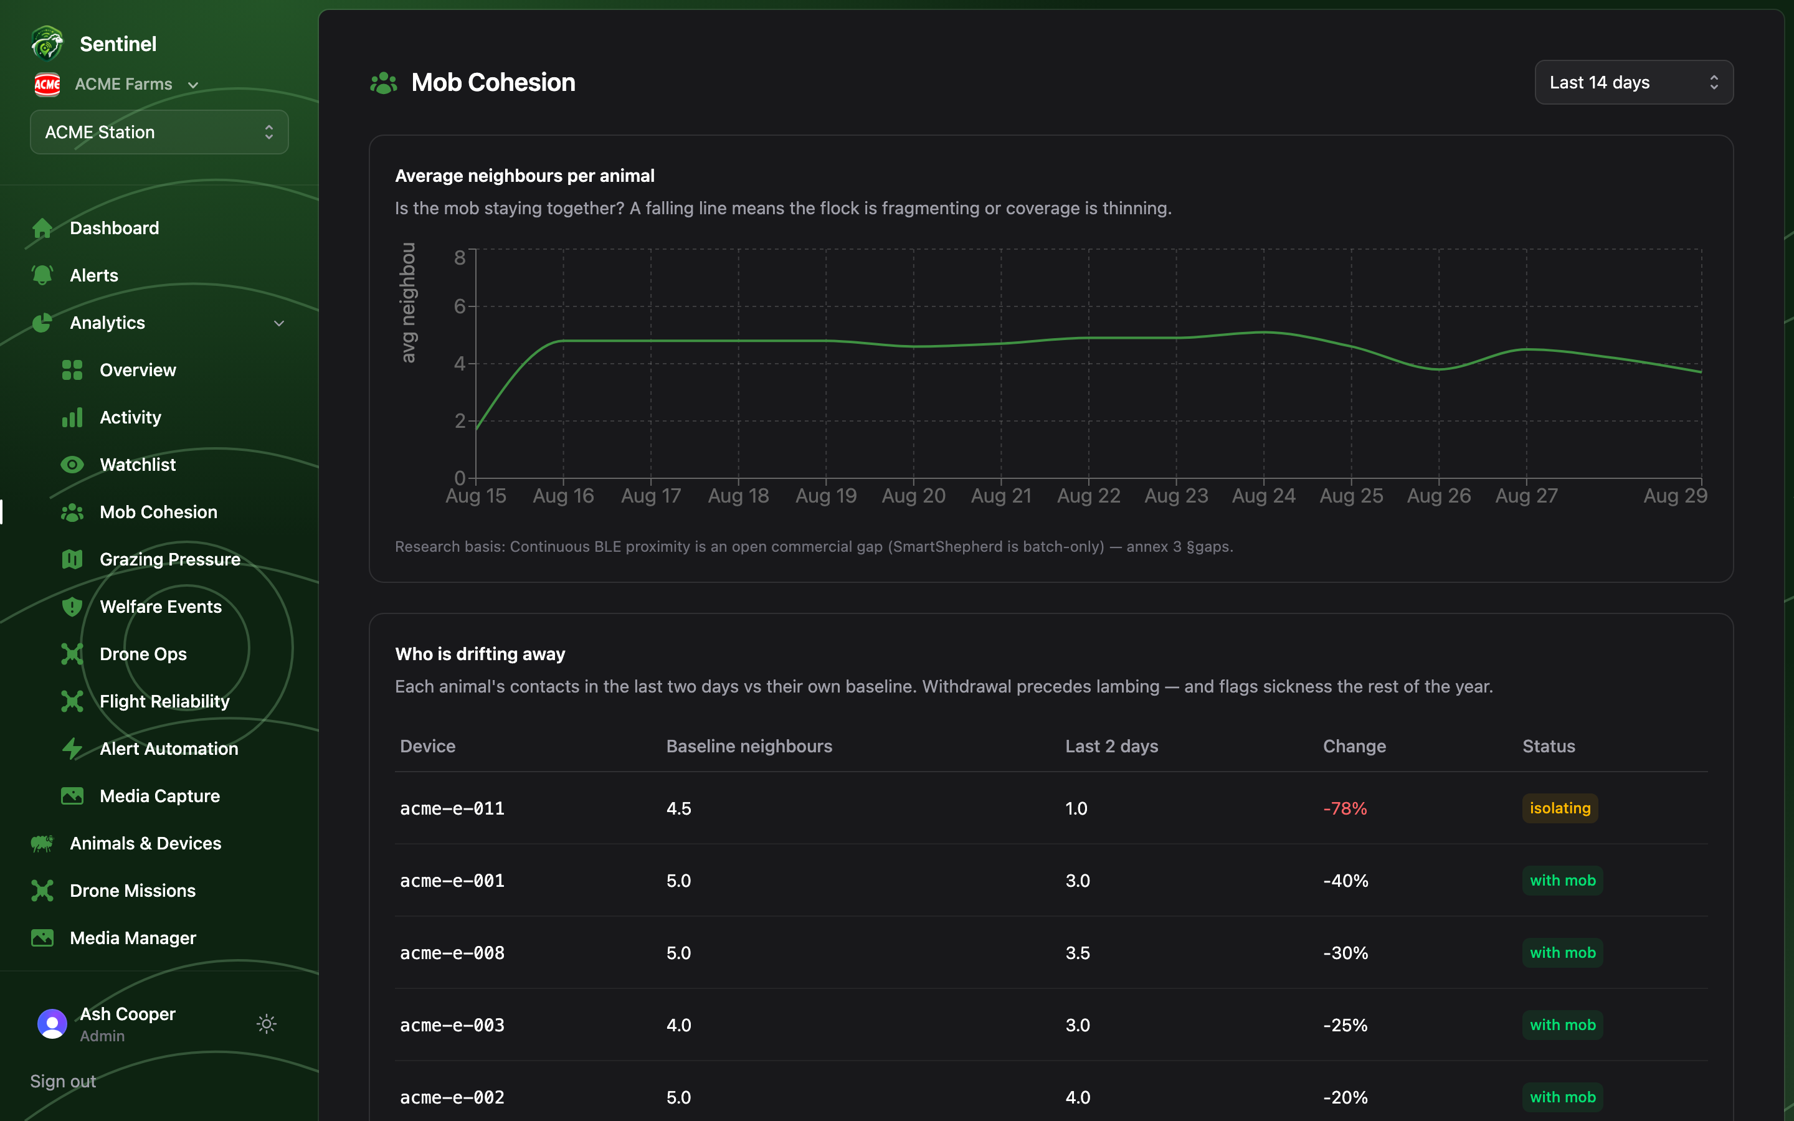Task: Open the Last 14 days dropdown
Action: (x=1633, y=82)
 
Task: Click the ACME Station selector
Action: (x=159, y=132)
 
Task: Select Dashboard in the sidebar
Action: (x=114, y=227)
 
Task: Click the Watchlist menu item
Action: (x=138, y=465)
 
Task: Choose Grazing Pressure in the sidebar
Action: (x=170, y=560)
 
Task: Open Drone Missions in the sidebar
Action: (x=133, y=891)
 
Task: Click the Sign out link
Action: (x=63, y=1081)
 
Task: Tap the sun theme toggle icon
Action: (x=267, y=1024)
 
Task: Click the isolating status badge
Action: (x=1560, y=808)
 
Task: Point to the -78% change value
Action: (x=1345, y=808)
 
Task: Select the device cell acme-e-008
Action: (x=452, y=953)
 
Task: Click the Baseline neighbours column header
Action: (x=749, y=746)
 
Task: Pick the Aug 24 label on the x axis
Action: (x=1263, y=496)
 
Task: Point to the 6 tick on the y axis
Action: (x=460, y=306)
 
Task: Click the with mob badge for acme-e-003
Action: (x=1563, y=1024)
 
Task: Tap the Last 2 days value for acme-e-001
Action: (x=1077, y=881)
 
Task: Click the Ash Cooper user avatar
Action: (x=52, y=1024)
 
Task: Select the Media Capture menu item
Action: (x=159, y=797)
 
